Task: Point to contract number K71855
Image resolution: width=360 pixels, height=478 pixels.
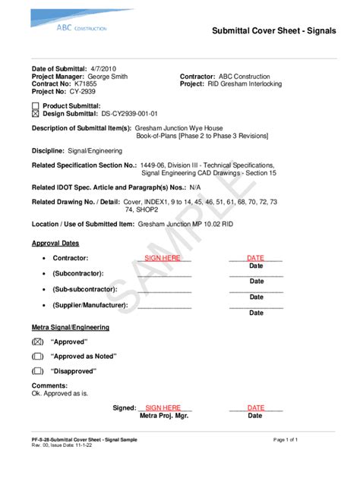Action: (x=86, y=84)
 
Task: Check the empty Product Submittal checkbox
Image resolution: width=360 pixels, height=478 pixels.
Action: (x=35, y=105)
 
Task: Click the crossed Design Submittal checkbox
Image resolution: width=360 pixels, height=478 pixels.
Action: (x=35, y=113)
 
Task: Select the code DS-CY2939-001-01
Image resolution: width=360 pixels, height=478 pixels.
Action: (x=134, y=113)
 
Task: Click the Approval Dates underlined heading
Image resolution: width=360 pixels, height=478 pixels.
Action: (x=55, y=244)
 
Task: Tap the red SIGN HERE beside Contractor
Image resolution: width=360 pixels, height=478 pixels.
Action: (x=163, y=258)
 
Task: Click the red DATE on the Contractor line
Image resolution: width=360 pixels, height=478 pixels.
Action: (x=255, y=258)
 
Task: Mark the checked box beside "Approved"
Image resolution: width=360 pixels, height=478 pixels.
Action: (x=37, y=342)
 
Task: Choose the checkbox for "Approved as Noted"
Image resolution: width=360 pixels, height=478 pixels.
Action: (x=37, y=357)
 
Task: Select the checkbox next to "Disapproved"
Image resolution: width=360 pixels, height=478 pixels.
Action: (x=37, y=371)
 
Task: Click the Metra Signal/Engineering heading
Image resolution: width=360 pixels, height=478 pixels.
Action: (x=70, y=327)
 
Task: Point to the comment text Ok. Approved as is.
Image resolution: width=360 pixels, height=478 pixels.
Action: (x=60, y=394)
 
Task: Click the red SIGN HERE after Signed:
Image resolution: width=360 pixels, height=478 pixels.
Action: (x=163, y=407)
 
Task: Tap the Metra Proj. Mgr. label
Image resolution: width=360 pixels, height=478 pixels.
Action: (x=163, y=416)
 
